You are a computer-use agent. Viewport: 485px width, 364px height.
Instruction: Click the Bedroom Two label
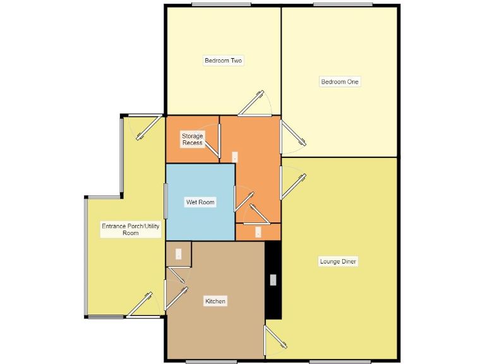point(223,61)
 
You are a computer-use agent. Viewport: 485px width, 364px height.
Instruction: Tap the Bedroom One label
point(340,82)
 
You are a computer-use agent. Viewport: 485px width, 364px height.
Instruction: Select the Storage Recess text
point(193,139)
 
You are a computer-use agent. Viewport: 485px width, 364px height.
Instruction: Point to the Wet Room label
point(200,202)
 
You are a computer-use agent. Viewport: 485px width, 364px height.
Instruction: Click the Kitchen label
point(215,301)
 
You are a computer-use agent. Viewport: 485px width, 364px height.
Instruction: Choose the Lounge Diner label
point(340,261)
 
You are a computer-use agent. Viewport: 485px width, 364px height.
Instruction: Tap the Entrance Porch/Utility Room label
point(130,229)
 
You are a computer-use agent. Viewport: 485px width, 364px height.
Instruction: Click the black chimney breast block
point(272,297)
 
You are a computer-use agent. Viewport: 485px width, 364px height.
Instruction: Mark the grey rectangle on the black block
point(273,280)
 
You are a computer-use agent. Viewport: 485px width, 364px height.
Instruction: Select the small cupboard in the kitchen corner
point(178,254)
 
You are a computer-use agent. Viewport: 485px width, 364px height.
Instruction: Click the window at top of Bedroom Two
point(220,5)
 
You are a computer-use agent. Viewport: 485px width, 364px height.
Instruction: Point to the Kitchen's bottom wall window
point(211,362)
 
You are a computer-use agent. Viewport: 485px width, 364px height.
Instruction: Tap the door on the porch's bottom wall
point(140,305)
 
